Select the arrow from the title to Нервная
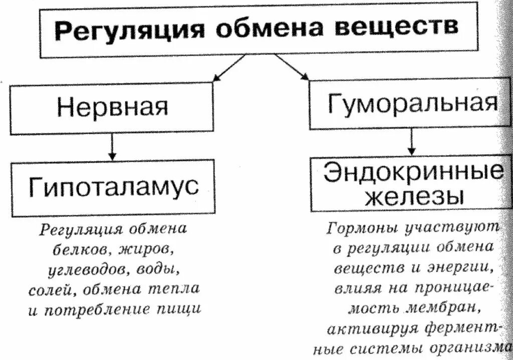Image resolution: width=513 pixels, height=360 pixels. coord(228,67)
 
